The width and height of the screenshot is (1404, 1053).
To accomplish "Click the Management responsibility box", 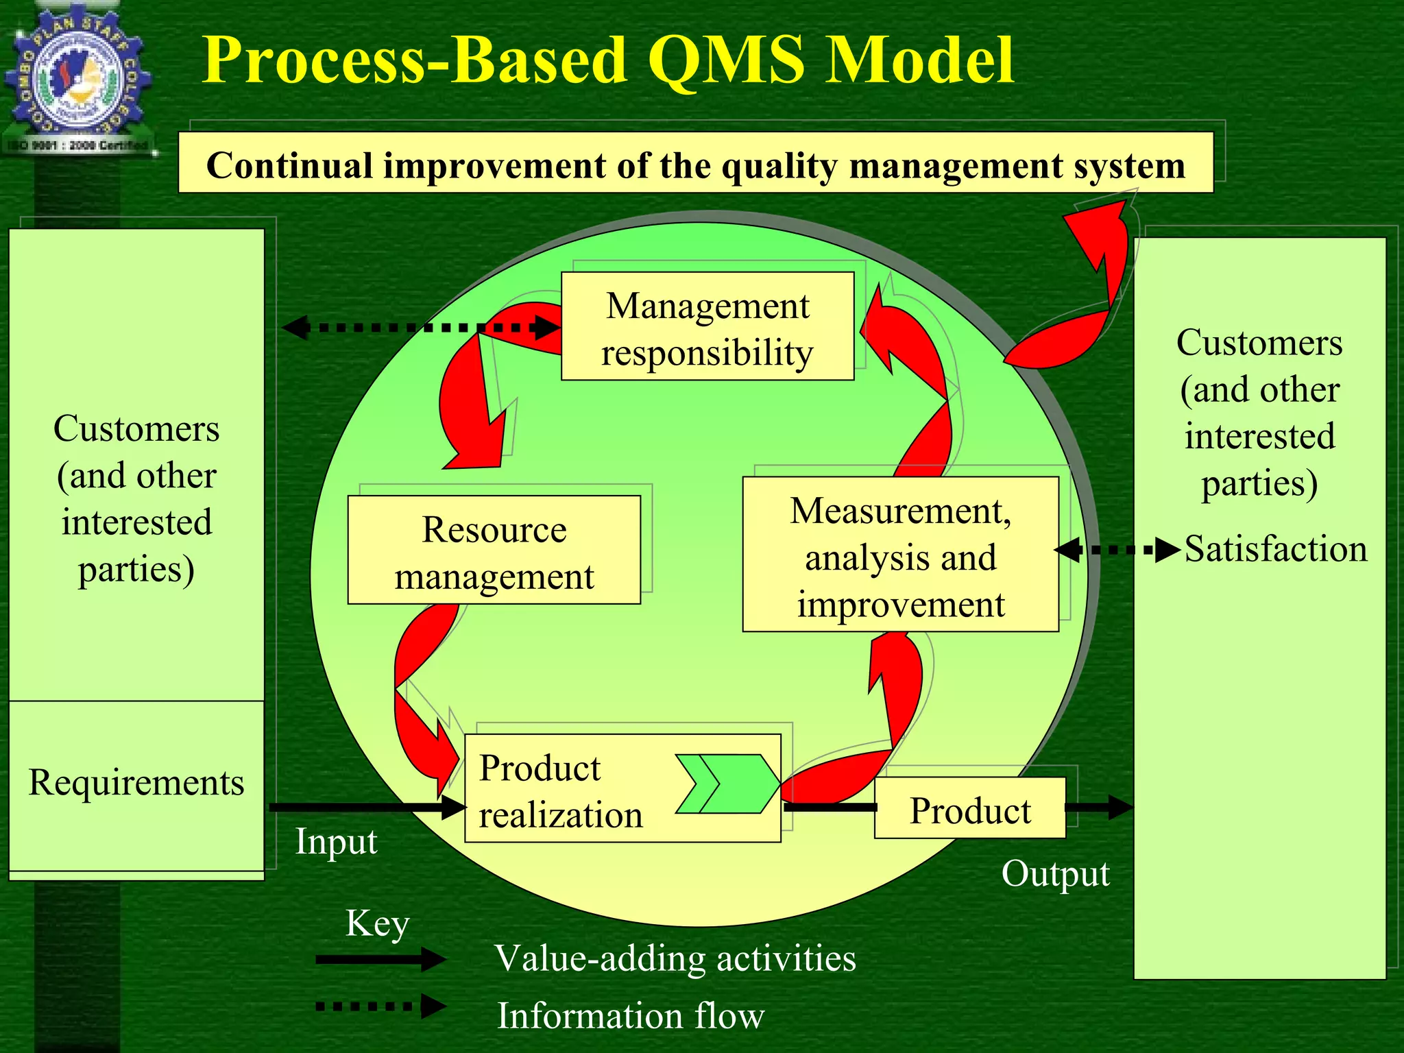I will tap(707, 326).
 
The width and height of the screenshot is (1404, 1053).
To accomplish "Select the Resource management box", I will tap(494, 550).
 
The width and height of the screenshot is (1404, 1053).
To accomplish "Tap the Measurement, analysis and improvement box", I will tap(900, 555).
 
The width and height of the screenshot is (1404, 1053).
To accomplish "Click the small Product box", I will tap(969, 809).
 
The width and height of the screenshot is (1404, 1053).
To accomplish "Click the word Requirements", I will tap(136, 783).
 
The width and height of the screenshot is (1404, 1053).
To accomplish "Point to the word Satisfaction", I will tap(1275, 550).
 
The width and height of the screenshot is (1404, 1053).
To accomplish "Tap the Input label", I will tap(336, 842).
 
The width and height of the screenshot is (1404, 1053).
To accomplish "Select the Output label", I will tap(1055, 874).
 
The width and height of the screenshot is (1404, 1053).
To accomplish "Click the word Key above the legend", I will tap(377, 923).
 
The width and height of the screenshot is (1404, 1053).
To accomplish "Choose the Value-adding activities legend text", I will tap(675, 958).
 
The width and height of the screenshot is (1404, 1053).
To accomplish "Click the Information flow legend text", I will tap(630, 1015).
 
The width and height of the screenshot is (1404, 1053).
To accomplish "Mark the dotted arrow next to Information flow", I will tap(380, 1006).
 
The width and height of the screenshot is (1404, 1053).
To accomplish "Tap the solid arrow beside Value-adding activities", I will tap(380, 960).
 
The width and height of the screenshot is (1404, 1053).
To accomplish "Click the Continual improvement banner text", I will tap(695, 165).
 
